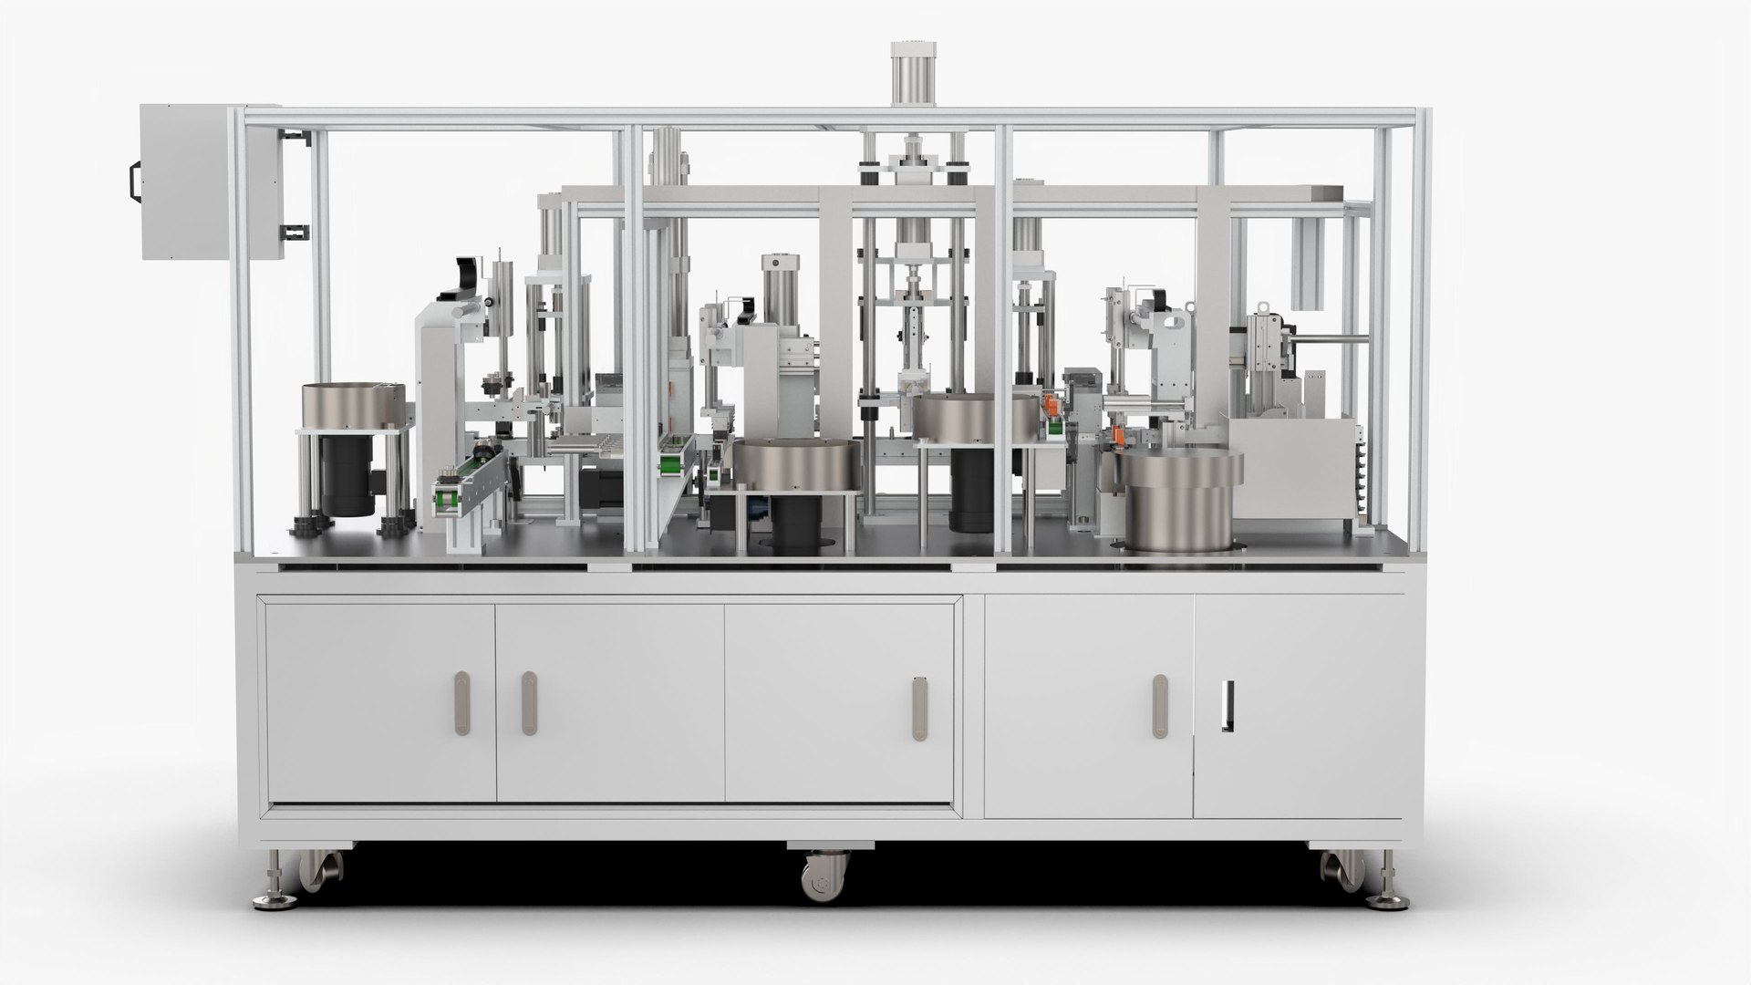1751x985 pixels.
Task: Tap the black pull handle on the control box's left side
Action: click(x=132, y=180)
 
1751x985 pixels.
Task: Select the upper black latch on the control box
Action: click(x=295, y=139)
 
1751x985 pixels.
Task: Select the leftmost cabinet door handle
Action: click(x=463, y=703)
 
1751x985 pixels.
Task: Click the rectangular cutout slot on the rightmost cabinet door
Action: click(x=1228, y=707)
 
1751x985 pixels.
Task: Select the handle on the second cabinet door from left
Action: click(x=528, y=703)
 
